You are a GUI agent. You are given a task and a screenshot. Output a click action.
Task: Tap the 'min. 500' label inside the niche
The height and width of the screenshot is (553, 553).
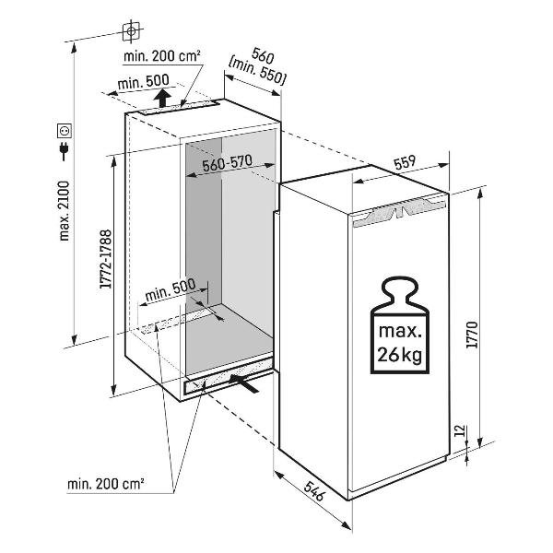tap(171, 290)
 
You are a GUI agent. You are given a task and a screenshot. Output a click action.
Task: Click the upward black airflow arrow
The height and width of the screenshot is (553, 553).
tap(163, 97)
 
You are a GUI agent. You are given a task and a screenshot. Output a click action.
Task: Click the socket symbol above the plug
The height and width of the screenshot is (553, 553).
tap(64, 130)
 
